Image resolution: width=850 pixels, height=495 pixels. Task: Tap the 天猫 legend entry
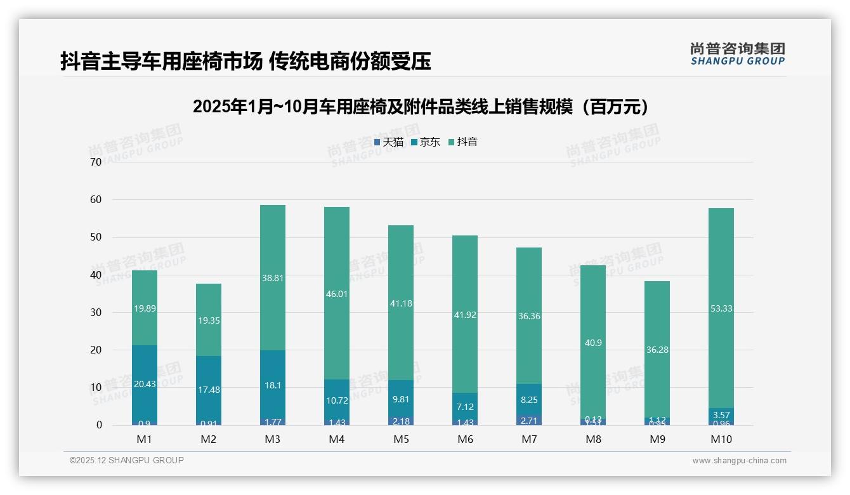coord(388,142)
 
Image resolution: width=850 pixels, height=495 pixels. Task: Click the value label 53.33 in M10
coord(721,308)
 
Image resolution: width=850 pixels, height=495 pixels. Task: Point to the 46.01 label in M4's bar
coord(337,294)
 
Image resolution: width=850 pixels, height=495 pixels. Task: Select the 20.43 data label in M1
coord(145,384)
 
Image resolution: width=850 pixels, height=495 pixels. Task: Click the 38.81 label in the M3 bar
coord(273,277)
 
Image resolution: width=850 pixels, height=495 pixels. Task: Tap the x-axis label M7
coord(529,439)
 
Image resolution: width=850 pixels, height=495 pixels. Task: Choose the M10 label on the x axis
coord(721,439)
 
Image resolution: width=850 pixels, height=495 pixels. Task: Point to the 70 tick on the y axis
coord(96,162)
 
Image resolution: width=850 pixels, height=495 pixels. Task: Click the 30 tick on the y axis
coord(96,312)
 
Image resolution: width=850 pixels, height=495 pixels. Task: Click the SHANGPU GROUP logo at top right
coord(737,54)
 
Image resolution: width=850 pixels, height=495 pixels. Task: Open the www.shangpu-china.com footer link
coord(739,461)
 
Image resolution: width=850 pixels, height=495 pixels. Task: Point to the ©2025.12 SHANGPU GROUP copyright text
coord(127,461)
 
